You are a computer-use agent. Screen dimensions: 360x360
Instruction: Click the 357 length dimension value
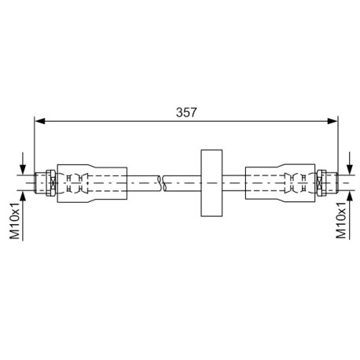186,112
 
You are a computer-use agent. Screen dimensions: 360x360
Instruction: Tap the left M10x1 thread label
15,220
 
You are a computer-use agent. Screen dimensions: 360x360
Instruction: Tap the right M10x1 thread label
341,220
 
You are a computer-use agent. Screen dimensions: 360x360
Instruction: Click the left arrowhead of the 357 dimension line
40,121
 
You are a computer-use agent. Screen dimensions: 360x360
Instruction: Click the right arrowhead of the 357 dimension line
332,121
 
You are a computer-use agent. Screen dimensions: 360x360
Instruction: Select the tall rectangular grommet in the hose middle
211,183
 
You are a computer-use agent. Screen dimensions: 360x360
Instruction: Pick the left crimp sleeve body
92,183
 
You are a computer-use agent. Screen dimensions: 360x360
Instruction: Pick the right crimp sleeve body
280,182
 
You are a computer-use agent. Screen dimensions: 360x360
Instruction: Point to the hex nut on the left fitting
50,183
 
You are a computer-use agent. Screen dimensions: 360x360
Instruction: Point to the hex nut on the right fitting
321,183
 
